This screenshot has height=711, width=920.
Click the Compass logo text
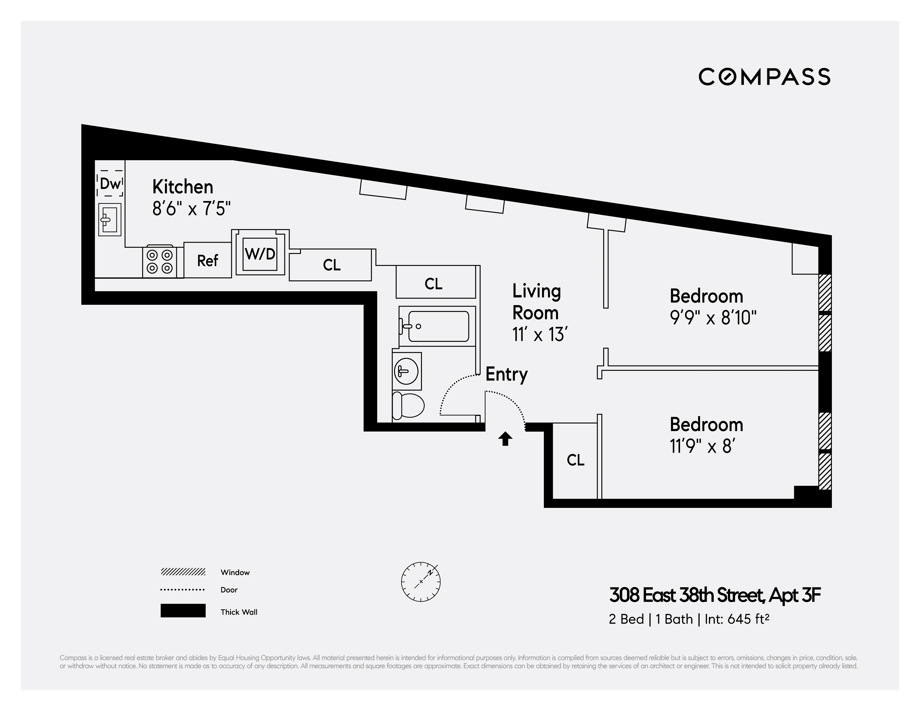(764, 77)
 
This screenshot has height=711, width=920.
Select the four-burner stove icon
(159, 262)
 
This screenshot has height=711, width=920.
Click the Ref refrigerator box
(208, 261)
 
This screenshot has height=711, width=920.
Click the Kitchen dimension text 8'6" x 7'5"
(192, 208)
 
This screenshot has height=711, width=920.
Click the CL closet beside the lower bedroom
(575, 460)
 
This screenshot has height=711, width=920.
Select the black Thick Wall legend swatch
(183, 611)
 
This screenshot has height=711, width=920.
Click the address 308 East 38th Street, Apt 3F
(715, 596)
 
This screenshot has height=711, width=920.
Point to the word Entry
(506, 374)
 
